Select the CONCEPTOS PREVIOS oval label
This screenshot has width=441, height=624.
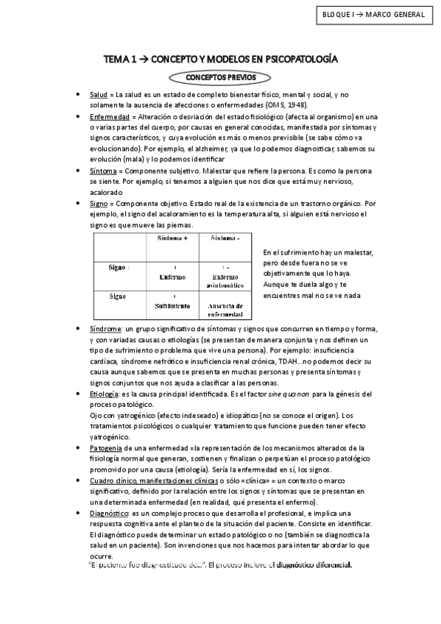click(x=220, y=77)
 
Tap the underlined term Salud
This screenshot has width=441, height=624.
click(x=98, y=96)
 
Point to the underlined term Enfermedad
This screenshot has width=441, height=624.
click(x=110, y=116)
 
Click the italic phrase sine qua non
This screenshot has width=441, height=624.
click(x=267, y=394)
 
